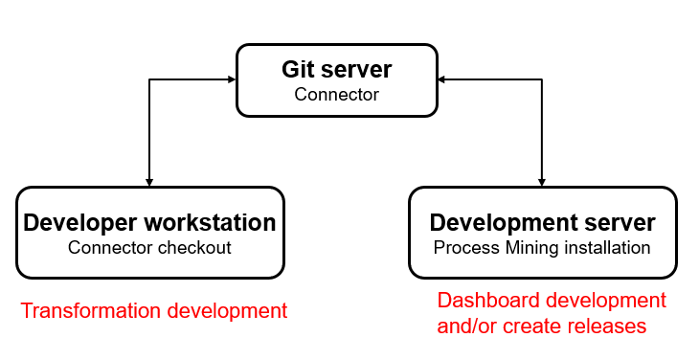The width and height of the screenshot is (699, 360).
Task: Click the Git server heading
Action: [x=336, y=70]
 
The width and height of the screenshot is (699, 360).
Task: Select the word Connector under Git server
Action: [x=336, y=95]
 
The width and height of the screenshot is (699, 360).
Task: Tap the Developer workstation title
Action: [x=149, y=223]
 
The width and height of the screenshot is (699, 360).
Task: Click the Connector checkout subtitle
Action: [x=149, y=248]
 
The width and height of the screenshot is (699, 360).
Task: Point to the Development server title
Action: [x=542, y=223]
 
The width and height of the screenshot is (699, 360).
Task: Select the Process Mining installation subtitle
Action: [x=542, y=248]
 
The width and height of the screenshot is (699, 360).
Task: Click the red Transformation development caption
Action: [x=153, y=311]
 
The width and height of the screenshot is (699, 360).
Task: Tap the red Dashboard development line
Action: [x=552, y=301]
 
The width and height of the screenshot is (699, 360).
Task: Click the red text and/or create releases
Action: [x=542, y=326]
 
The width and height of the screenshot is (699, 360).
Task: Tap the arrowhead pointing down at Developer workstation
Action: [x=148, y=182]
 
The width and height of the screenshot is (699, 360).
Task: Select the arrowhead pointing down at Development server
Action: [x=542, y=182]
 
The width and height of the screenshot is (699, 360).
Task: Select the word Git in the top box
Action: [x=297, y=70]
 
